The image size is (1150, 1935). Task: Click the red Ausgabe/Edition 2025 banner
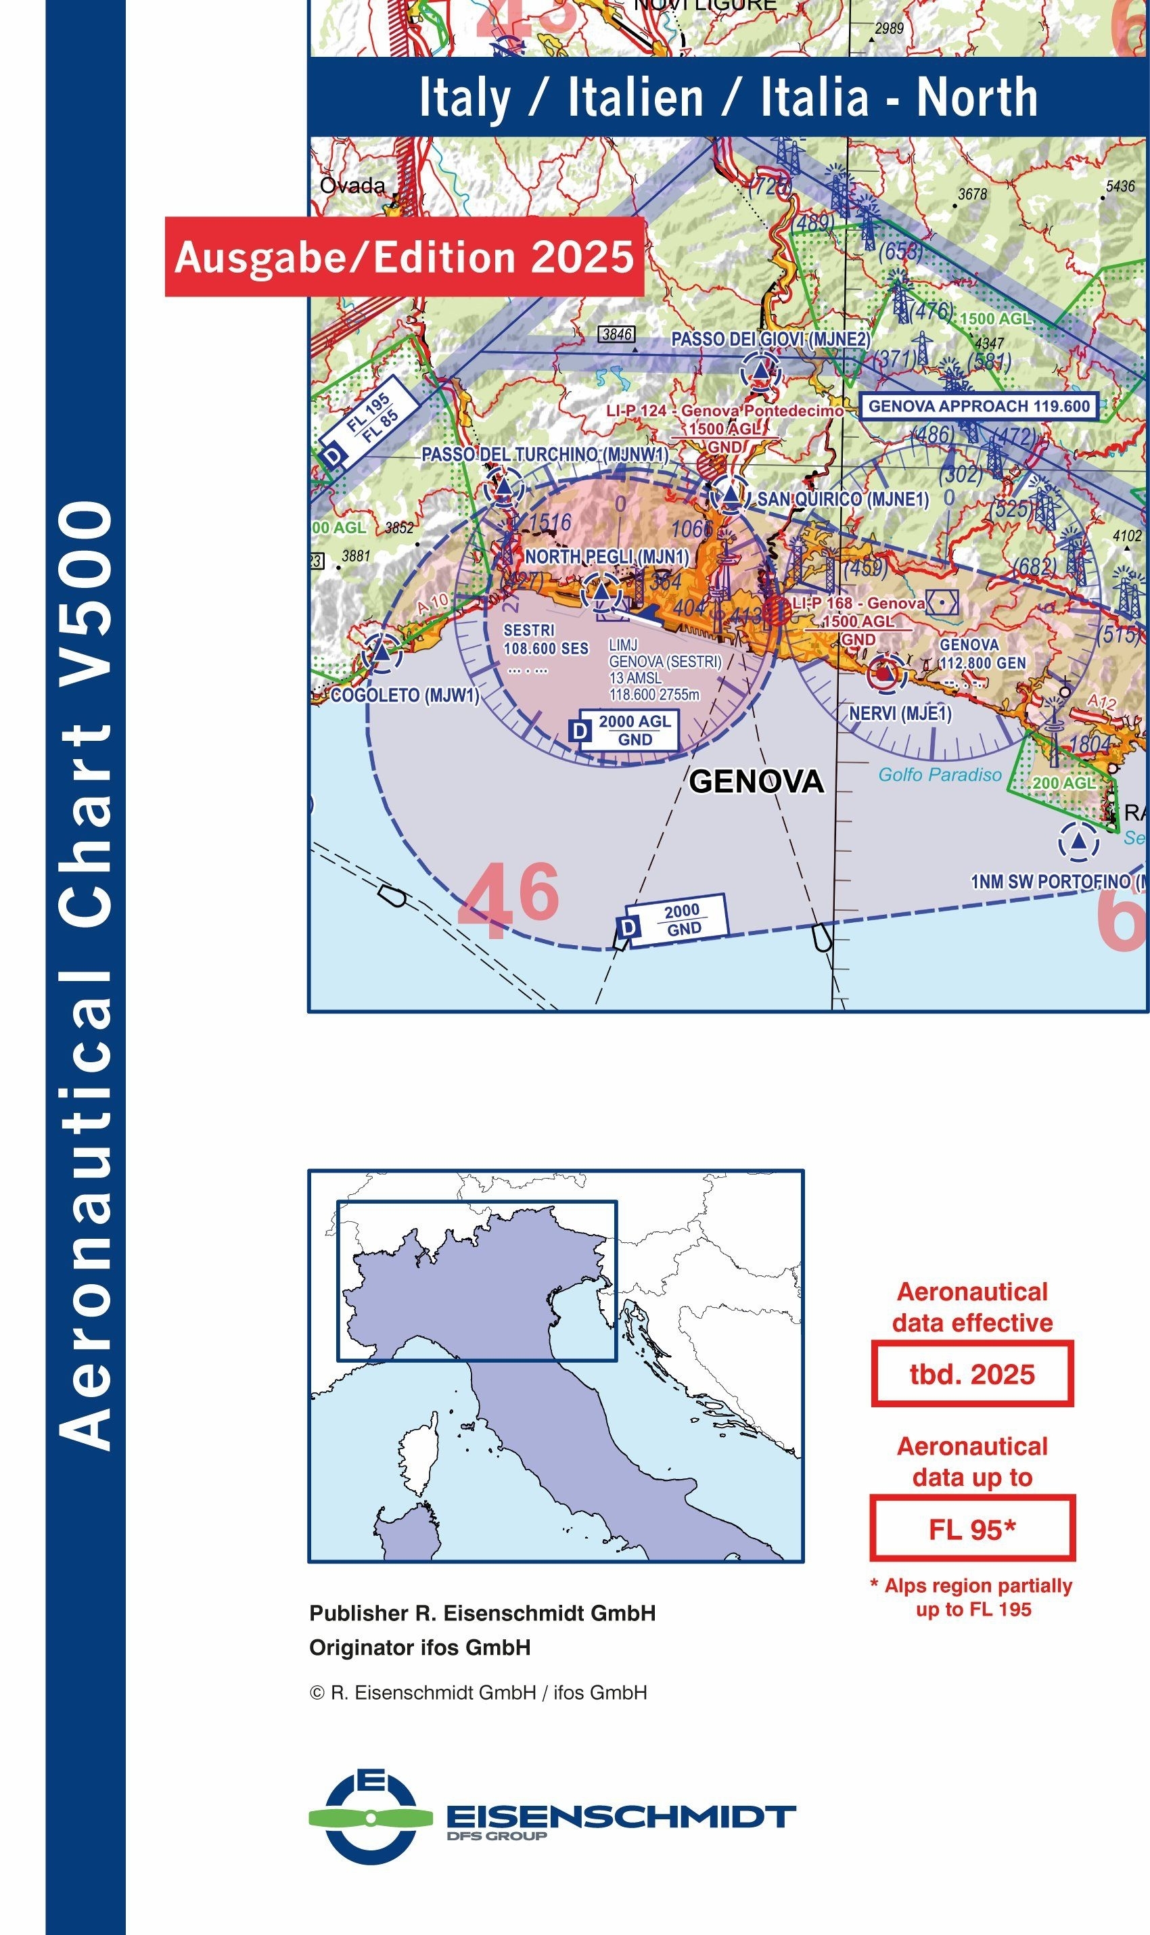(404, 256)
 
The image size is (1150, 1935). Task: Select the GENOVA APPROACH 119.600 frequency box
(979, 406)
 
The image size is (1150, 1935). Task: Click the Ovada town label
(352, 185)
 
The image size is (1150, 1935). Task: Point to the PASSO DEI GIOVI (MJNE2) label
(770, 340)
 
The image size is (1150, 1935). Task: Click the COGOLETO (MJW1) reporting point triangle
(382, 652)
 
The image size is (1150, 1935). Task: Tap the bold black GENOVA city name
(756, 781)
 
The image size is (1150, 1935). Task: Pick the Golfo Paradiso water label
(939, 774)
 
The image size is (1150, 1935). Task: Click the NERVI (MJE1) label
(900, 713)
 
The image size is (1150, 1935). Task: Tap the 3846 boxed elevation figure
(617, 334)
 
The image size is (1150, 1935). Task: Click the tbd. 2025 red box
(972, 1374)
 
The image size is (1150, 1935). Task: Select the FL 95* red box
(972, 1529)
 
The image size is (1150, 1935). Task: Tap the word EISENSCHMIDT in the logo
(620, 1816)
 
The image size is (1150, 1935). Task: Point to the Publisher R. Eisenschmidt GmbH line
(482, 1613)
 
